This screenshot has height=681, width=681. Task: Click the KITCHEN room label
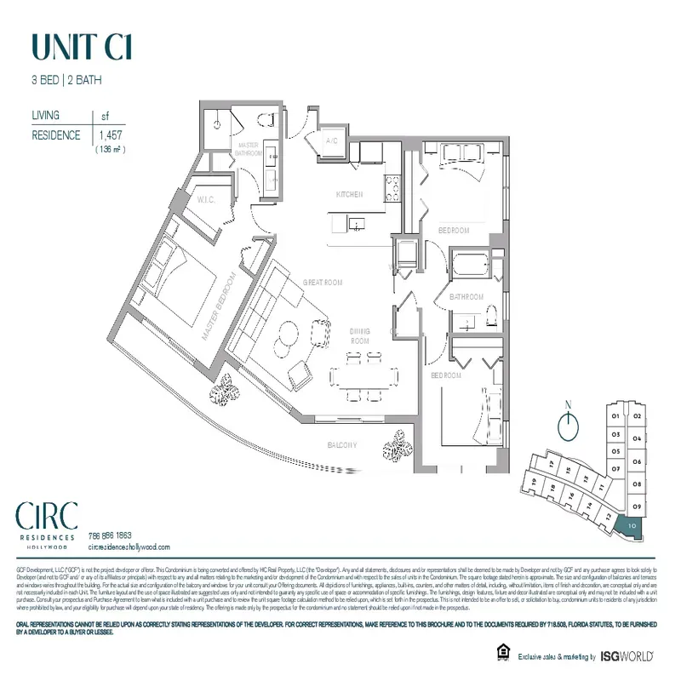pyautogui.click(x=350, y=194)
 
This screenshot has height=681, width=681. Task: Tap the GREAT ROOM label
pyautogui.click(x=323, y=282)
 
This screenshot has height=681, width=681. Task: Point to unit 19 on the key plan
pyautogui.click(x=534, y=481)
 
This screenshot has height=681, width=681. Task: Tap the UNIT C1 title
pyautogui.click(x=81, y=47)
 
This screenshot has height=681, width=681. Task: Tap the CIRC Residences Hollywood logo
pyautogui.click(x=47, y=522)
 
